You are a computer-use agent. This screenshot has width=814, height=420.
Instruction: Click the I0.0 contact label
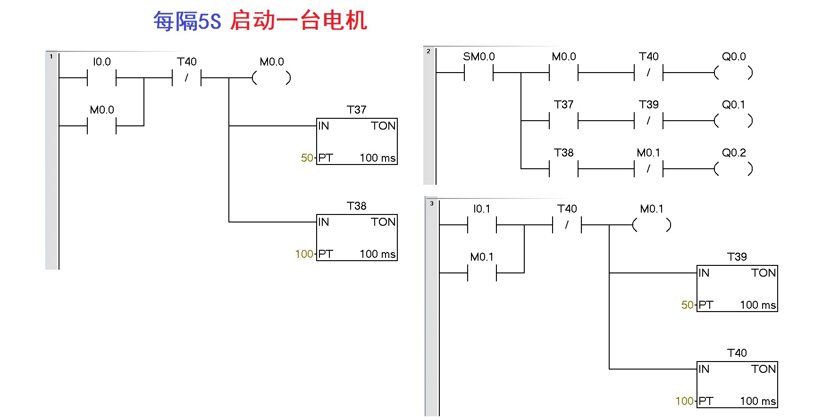point(101,62)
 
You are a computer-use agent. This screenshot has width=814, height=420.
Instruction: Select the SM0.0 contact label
point(478,57)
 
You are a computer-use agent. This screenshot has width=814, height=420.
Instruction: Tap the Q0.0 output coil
point(733,73)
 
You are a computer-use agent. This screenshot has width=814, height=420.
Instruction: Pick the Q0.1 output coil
point(733,121)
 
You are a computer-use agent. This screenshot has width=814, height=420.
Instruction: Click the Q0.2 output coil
point(733,169)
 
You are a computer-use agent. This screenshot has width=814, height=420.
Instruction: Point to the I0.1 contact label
point(481,209)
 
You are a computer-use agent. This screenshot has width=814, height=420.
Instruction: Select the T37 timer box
point(357,141)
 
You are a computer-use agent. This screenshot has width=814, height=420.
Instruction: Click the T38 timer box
point(357,237)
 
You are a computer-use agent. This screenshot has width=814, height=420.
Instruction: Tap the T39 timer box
point(737,288)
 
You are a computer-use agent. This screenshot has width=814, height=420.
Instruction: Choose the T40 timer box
point(737,384)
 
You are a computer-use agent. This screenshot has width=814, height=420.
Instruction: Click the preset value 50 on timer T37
point(307,158)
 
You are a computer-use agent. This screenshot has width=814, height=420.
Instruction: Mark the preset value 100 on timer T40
point(684,401)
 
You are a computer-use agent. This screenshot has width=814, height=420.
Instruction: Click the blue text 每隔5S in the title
point(187,21)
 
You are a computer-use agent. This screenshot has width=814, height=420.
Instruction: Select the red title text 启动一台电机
point(299,21)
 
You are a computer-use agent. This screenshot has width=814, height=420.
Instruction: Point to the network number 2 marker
point(428,51)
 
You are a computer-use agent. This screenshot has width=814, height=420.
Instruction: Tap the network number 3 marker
point(432,204)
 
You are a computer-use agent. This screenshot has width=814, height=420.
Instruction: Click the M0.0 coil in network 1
point(271,78)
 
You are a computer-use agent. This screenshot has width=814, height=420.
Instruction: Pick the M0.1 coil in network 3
point(652,225)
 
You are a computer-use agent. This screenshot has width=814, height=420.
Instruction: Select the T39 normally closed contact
point(648,121)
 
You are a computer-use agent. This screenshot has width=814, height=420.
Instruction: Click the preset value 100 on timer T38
point(304,254)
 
